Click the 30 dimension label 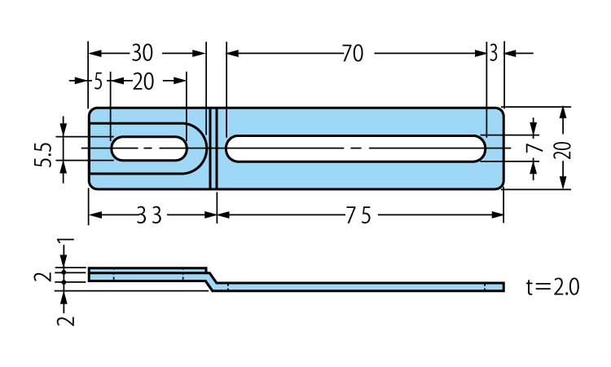(x=142, y=54)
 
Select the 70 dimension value (x=353, y=54)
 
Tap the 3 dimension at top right (x=494, y=54)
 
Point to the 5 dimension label (x=98, y=82)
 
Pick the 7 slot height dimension (x=534, y=148)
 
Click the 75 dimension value (x=358, y=216)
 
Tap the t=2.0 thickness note (x=552, y=287)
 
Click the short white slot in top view (x=147, y=148)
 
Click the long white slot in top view (x=355, y=148)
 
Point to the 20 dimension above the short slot (x=143, y=82)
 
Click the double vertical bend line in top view (x=214, y=148)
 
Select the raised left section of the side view (x=147, y=273)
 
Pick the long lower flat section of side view (x=358, y=286)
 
